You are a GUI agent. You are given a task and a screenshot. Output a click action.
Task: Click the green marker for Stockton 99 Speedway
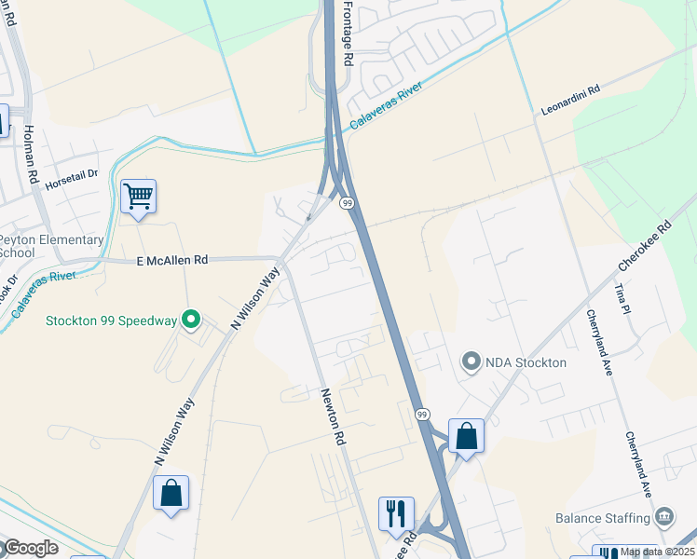[191, 320]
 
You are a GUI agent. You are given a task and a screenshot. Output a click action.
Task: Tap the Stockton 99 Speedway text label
[112, 321]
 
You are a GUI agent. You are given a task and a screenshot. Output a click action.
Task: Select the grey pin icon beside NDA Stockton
[471, 361]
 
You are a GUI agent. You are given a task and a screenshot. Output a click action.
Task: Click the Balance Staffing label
[603, 518]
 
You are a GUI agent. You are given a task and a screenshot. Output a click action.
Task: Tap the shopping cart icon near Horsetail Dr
[138, 197]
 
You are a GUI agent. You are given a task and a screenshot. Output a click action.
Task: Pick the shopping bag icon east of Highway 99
[466, 436]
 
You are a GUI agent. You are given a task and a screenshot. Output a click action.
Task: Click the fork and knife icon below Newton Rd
[396, 513]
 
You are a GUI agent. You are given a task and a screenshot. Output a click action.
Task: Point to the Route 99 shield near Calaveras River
[347, 202]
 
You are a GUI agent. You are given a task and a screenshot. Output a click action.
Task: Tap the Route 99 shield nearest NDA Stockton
[422, 414]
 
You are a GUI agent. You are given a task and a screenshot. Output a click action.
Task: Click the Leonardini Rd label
[571, 102]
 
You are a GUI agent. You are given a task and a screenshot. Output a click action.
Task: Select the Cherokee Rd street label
[644, 247]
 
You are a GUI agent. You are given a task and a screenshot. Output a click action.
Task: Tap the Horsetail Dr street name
[71, 181]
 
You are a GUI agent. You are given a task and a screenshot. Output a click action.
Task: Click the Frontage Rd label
[348, 33]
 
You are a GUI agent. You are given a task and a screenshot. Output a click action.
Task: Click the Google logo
[30, 548]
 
